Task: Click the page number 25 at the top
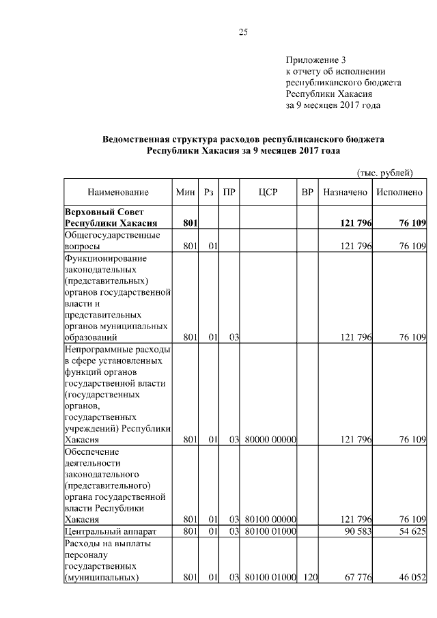242,32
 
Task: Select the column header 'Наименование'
118,193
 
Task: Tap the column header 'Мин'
186,193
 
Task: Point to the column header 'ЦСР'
267,193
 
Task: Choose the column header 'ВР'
307,193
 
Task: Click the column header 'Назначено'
346,193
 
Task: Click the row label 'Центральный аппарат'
110,531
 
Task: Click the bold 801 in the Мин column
190,223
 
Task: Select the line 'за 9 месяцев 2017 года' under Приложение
333,106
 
